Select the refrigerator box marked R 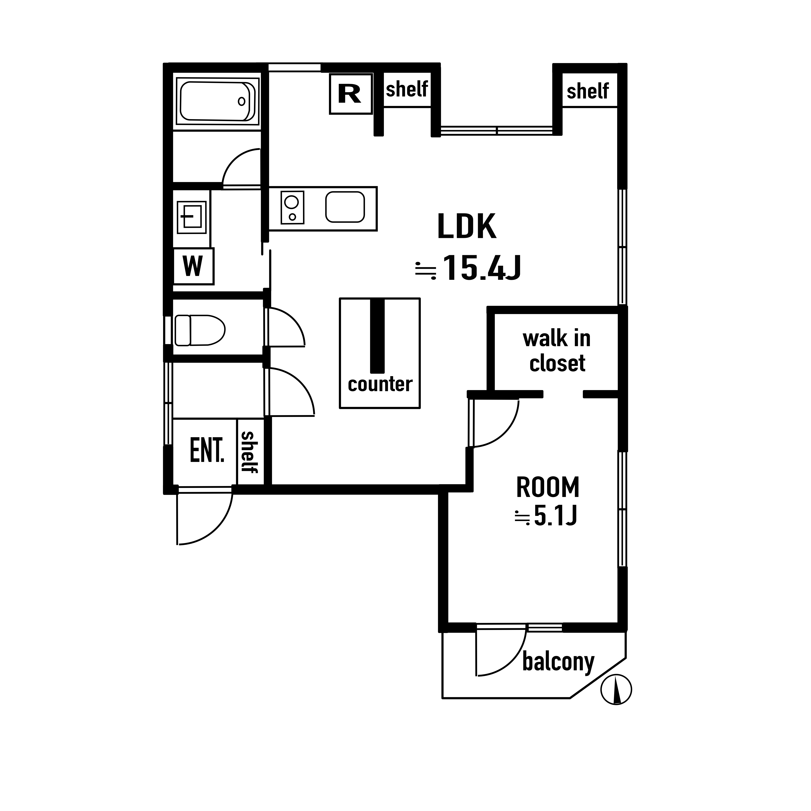pyautogui.click(x=351, y=94)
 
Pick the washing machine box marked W pyautogui.click(x=193, y=266)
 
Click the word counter pyautogui.click(x=380, y=384)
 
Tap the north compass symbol pyautogui.click(x=616, y=689)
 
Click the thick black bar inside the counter pyautogui.click(x=377, y=336)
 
